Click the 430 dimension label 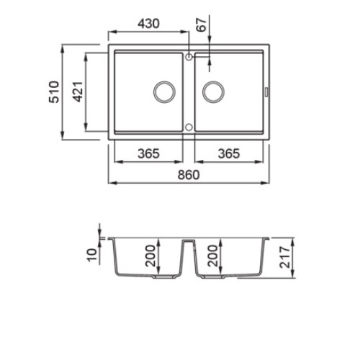[149, 24]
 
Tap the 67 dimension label [202, 24]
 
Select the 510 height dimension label [54, 92]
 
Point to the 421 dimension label [78, 91]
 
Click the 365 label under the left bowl [148, 153]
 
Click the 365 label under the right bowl [229, 153]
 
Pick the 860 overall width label [189, 175]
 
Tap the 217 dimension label [284, 257]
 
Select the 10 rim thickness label [92, 255]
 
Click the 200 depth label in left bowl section [150, 256]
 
